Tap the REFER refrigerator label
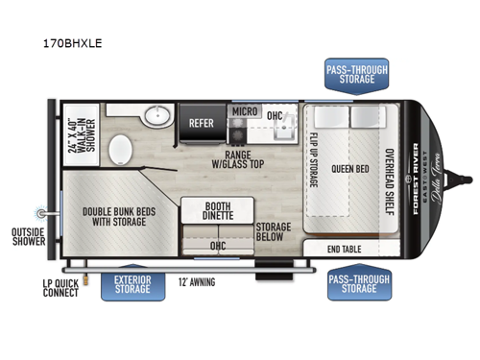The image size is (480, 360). click(x=201, y=123)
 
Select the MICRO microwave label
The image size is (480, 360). click(x=242, y=112)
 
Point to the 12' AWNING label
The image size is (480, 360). click(x=197, y=281)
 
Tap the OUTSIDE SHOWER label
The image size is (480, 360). click(x=29, y=236)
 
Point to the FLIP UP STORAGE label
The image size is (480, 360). click(x=313, y=166)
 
